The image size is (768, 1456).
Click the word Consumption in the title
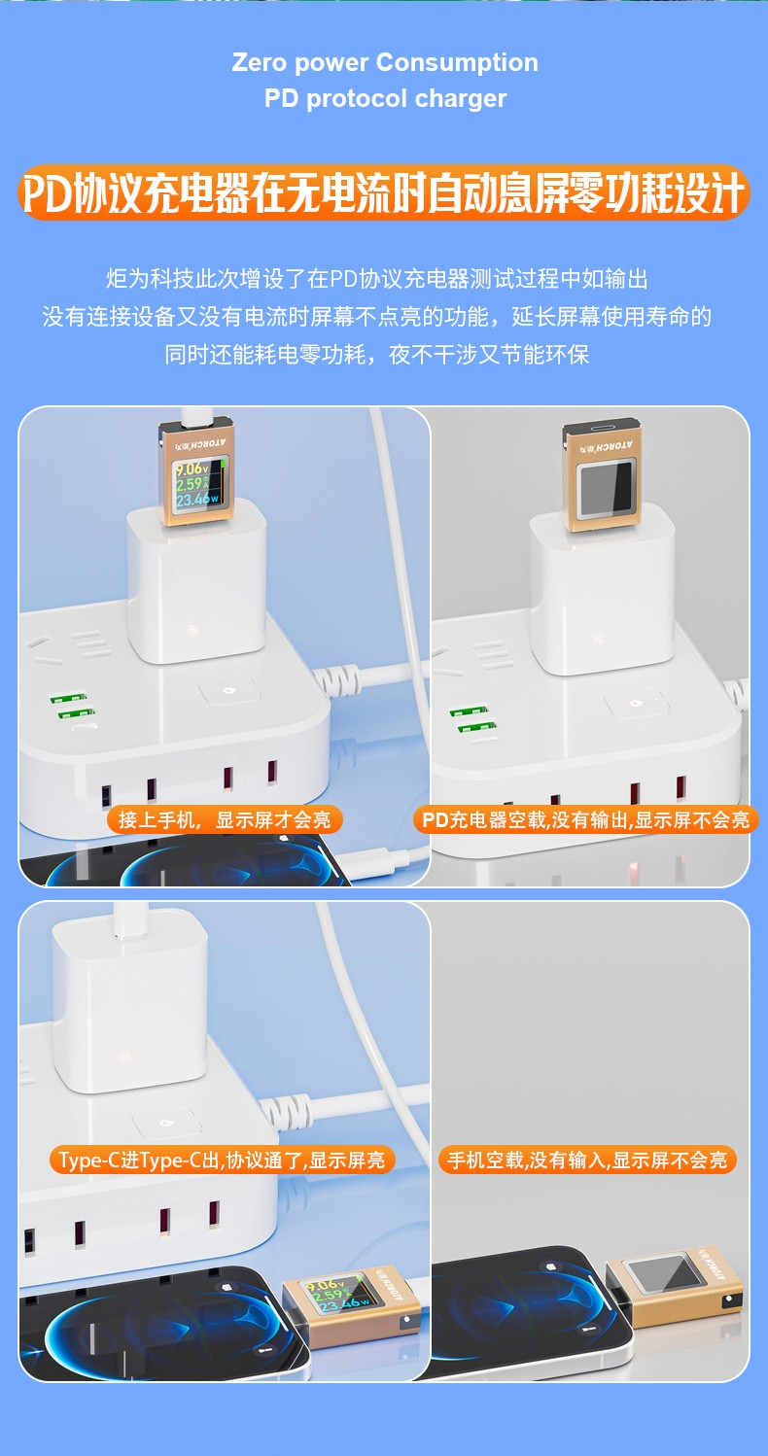pyautogui.click(x=457, y=63)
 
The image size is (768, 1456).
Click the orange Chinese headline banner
pyautogui.click(x=384, y=193)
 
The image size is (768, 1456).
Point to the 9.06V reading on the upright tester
pyautogui.click(x=192, y=468)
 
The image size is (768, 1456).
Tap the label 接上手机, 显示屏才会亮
pyautogui.click(x=225, y=819)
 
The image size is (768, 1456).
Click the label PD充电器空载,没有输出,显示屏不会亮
pyautogui.click(x=585, y=819)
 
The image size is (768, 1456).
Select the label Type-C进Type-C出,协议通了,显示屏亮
pyautogui.click(x=222, y=1161)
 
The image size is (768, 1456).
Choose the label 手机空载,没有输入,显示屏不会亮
pyautogui.click(x=587, y=1161)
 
